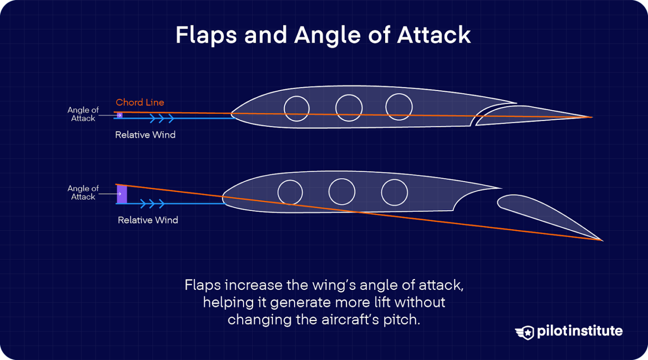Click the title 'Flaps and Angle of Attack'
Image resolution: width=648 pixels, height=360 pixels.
point(323,35)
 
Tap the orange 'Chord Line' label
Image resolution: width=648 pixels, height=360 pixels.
point(140,103)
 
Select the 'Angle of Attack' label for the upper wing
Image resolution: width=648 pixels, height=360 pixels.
point(83,114)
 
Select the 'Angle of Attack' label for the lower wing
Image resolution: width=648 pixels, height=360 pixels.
point(83,192)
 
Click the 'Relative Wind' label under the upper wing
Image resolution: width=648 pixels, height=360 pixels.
point(145,135)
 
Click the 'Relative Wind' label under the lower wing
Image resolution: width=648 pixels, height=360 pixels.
point(148,220)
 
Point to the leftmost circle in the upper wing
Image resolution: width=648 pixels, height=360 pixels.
point(297,108)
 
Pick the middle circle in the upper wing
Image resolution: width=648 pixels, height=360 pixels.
point(349,108)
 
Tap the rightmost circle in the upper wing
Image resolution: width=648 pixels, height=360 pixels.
point(399,107)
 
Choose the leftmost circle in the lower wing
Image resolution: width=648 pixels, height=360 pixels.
point(290,192)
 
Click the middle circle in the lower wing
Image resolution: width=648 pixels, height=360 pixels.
point(342,192)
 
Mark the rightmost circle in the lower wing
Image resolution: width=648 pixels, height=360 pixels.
point(394,192)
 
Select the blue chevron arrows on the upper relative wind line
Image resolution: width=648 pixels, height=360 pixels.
point(162,118)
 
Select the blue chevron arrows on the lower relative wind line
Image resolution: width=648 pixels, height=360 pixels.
point(152,204)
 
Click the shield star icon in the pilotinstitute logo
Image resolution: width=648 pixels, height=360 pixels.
point(526,333)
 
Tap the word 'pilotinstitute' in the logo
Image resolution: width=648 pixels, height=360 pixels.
point(580,331)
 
